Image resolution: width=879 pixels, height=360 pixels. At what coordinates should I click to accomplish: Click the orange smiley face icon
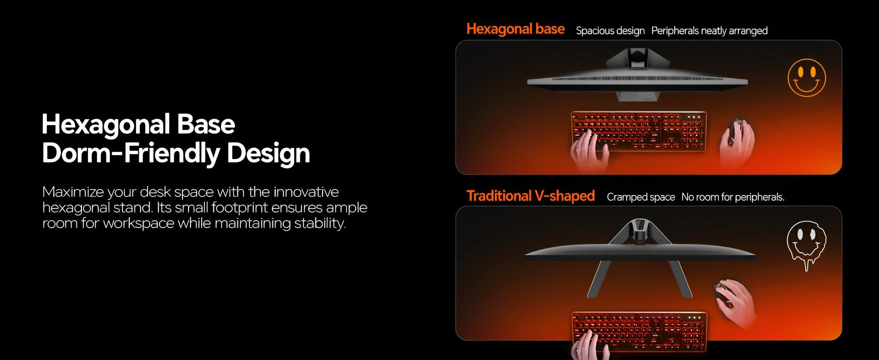point(806,78)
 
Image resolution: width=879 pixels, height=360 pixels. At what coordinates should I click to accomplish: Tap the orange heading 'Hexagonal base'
point(516,29)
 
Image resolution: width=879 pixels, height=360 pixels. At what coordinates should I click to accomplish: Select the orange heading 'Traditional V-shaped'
point(530,196)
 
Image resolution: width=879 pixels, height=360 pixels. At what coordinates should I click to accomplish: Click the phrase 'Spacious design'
point(610,31)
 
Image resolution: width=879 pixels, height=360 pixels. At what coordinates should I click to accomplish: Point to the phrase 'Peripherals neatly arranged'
point(709,31)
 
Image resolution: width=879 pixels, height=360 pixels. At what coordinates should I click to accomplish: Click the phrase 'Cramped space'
point(641,197)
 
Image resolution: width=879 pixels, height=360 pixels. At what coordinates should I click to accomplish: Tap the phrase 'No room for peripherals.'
point(733,197)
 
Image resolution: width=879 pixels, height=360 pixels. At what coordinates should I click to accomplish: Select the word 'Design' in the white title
point(268,153)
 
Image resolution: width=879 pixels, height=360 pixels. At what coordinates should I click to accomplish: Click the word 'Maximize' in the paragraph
point(73,192)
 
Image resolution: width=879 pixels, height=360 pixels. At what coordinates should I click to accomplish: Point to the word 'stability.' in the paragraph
point(320,223)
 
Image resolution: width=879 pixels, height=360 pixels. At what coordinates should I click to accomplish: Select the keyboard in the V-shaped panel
point(639,332)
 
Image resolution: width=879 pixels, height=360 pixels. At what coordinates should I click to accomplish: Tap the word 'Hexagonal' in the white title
point(105,124)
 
